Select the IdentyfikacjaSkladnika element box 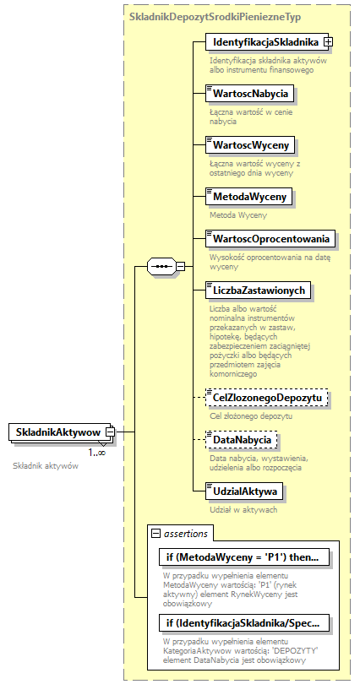coord(265,41)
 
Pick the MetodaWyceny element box coord(248,197)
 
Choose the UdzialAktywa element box coord(244,491)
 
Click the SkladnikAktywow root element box coord(57,432)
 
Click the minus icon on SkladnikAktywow coord(111,432)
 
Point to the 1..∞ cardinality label coord(96,453)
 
